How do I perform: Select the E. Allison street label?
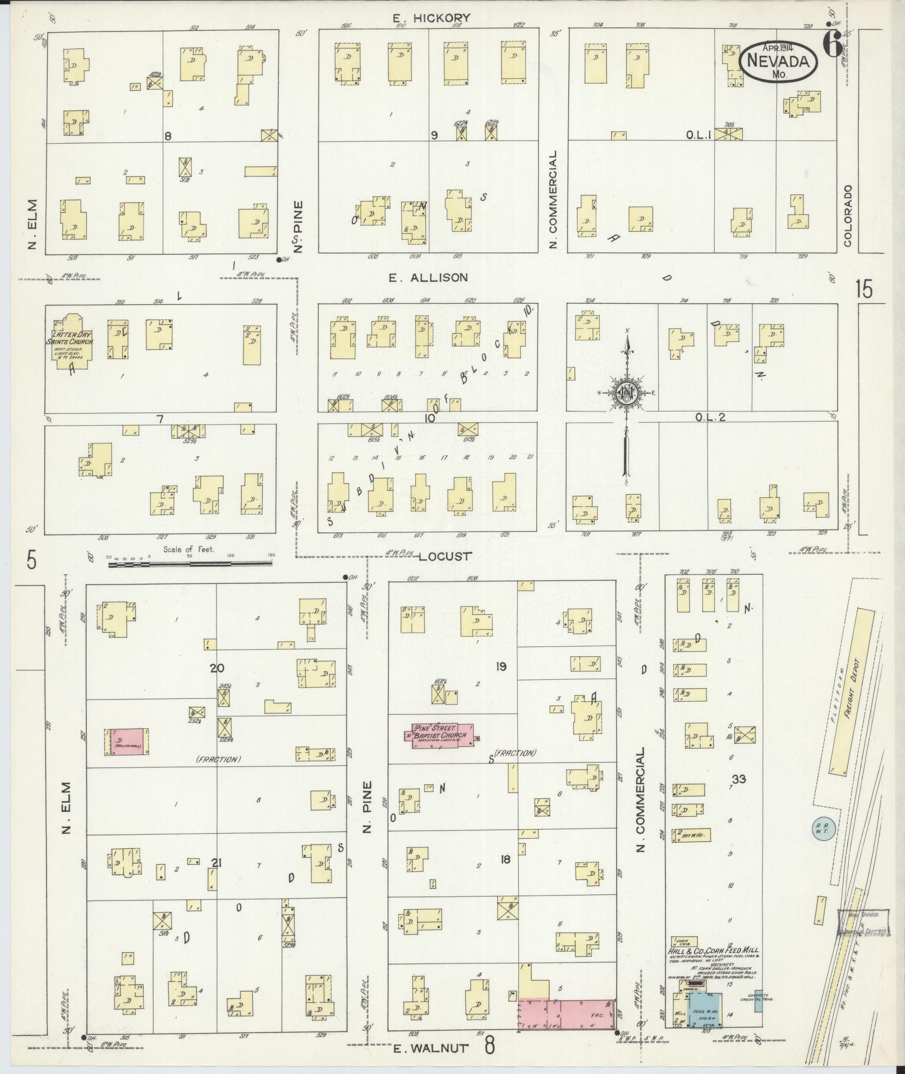pos(428,277)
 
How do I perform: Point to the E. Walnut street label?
pos(430,1048)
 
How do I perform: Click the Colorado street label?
pos(847,215)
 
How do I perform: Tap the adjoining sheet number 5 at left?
pos(31,560)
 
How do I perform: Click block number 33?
pos(738,779)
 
